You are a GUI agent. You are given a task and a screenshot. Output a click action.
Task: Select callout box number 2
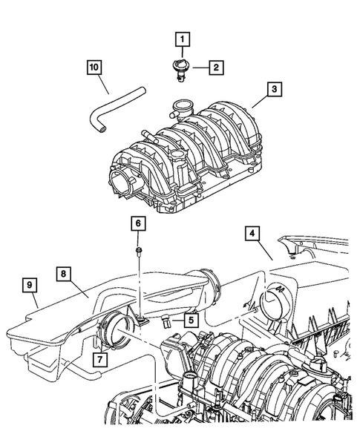[216, 68]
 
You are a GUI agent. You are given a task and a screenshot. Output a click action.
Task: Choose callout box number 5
[191, 320]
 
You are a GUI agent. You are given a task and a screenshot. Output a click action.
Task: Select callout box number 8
[66, 273]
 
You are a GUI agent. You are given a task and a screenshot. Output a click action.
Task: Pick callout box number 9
[30, 283]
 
